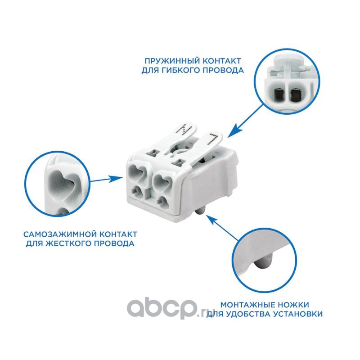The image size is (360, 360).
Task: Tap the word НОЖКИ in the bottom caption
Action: [x=293, y=305]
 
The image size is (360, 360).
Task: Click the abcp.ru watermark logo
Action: [x=170, y=309]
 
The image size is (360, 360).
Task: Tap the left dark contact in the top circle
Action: [x=278, y=94]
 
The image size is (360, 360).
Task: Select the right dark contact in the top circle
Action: [x=295, y=95]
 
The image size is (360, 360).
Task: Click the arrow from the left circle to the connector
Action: [x=106, y=179]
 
